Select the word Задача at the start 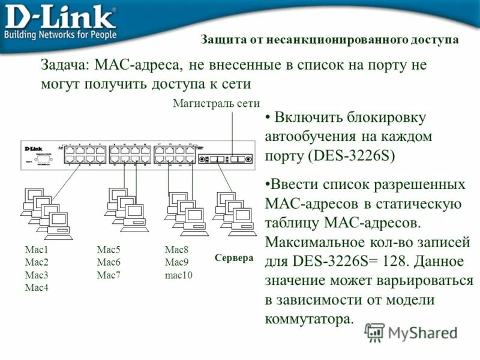point(63,65)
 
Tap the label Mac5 point(109,250)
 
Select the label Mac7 point(109,275)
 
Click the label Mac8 point(176,250)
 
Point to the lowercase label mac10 point(178,275)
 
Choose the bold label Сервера point(234,258)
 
